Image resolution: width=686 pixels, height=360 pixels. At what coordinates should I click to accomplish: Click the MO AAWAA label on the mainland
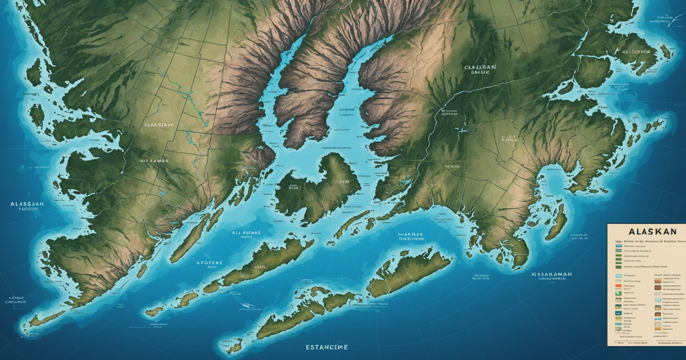pyautogui.click(x=153, y=162)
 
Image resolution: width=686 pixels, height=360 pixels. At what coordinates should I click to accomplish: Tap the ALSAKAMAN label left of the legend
pyautogui.click(x=551, y=274)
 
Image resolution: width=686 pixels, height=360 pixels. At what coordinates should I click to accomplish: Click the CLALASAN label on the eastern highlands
pyautogui.click(x=480, y=67)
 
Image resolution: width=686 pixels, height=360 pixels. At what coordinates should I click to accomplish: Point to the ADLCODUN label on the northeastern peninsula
pyautogui.click(x=632, y=51)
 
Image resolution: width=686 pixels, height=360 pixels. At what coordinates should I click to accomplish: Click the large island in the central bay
pyautogui.click(x=320, y=186)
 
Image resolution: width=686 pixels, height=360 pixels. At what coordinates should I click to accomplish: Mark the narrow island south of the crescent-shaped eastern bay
pyautogui.click(x=556, y=223)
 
